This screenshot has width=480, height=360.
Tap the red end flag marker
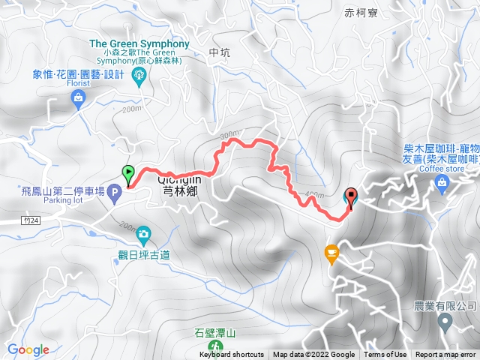(352, 196)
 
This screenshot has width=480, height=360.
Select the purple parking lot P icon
(114, 194)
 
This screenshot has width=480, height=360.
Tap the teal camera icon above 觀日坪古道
(142, 237)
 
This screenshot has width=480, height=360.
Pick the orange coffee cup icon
(330, 254)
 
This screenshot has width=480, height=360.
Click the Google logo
(28, 349)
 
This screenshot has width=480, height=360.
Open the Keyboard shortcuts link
(232, 355)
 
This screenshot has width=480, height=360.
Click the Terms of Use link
(385, 355)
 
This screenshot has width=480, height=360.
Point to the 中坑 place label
(220, 52)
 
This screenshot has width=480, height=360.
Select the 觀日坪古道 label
(142, 255)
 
